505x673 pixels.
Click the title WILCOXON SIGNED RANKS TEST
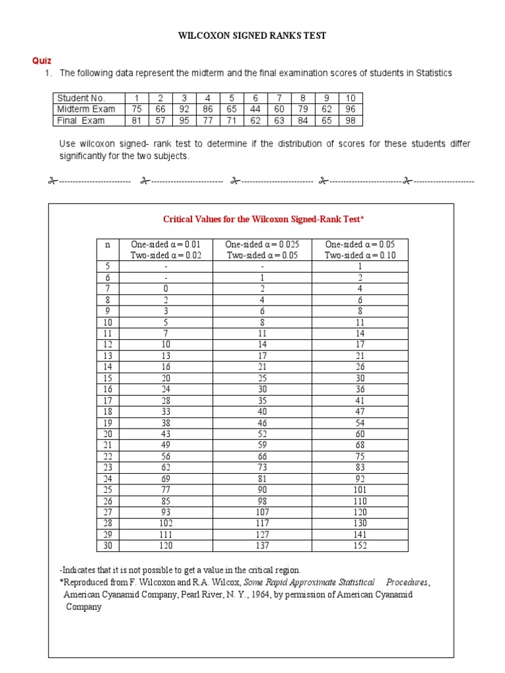[x=252, y=35]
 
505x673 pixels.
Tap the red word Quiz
[x=41, y=61]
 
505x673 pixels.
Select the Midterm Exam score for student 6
[x=255, y=109]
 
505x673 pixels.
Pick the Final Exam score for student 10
[x=350, y=120]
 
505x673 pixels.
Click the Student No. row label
[x=81, y=98]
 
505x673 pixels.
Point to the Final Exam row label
[x=80, y=120]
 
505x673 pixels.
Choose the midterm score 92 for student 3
[x=184, y=109]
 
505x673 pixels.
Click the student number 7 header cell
[x=279, y=98]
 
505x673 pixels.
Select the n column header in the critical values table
[x=107, y=244]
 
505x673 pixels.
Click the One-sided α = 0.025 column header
[x=262, y=244]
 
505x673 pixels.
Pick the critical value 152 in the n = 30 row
[x=360, y=545]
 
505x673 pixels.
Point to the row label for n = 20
[x=107, y=434]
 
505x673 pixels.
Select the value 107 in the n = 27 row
[x=262, y=512]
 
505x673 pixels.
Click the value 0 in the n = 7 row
[x=166, y=289]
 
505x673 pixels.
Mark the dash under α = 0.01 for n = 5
[x=166, y=266]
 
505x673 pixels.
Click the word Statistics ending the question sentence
[x=432, y=73]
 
